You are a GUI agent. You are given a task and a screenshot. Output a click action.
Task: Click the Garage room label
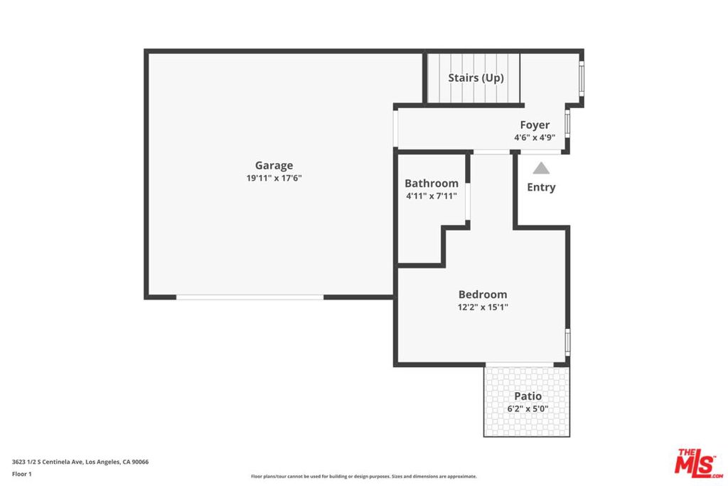coord(274,166)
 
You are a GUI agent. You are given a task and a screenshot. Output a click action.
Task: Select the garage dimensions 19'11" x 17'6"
coord(274,179)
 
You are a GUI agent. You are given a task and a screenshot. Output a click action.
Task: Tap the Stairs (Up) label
coord(476,78)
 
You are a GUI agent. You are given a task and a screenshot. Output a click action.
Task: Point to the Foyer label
coord(535,125)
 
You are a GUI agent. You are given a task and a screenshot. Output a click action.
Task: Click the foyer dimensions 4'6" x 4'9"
coord(535,138)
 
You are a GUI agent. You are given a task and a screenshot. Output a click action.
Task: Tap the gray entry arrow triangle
coord(542,168)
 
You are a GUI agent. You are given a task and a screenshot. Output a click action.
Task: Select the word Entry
coord(541,187)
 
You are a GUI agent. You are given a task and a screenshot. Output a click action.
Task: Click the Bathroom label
coord(432,183)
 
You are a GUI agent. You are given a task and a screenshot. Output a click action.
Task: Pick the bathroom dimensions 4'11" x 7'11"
coord(432,196)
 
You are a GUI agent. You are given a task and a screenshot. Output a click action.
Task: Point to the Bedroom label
coord(483,295)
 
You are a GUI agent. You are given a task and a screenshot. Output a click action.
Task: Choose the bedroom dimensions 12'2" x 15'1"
coord(483,307)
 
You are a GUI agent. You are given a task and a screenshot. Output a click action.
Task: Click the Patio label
coord(528,396)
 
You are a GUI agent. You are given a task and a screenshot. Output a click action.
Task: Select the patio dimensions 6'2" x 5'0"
coord(528,409)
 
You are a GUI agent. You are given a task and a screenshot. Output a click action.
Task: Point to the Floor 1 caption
coord(22,473)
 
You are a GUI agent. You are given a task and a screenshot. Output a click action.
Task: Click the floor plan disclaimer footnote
coord(363,477)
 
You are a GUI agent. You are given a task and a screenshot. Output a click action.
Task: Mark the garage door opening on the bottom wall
coord(250,297)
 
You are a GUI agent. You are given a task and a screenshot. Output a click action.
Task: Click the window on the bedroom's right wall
coord(567,342)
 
